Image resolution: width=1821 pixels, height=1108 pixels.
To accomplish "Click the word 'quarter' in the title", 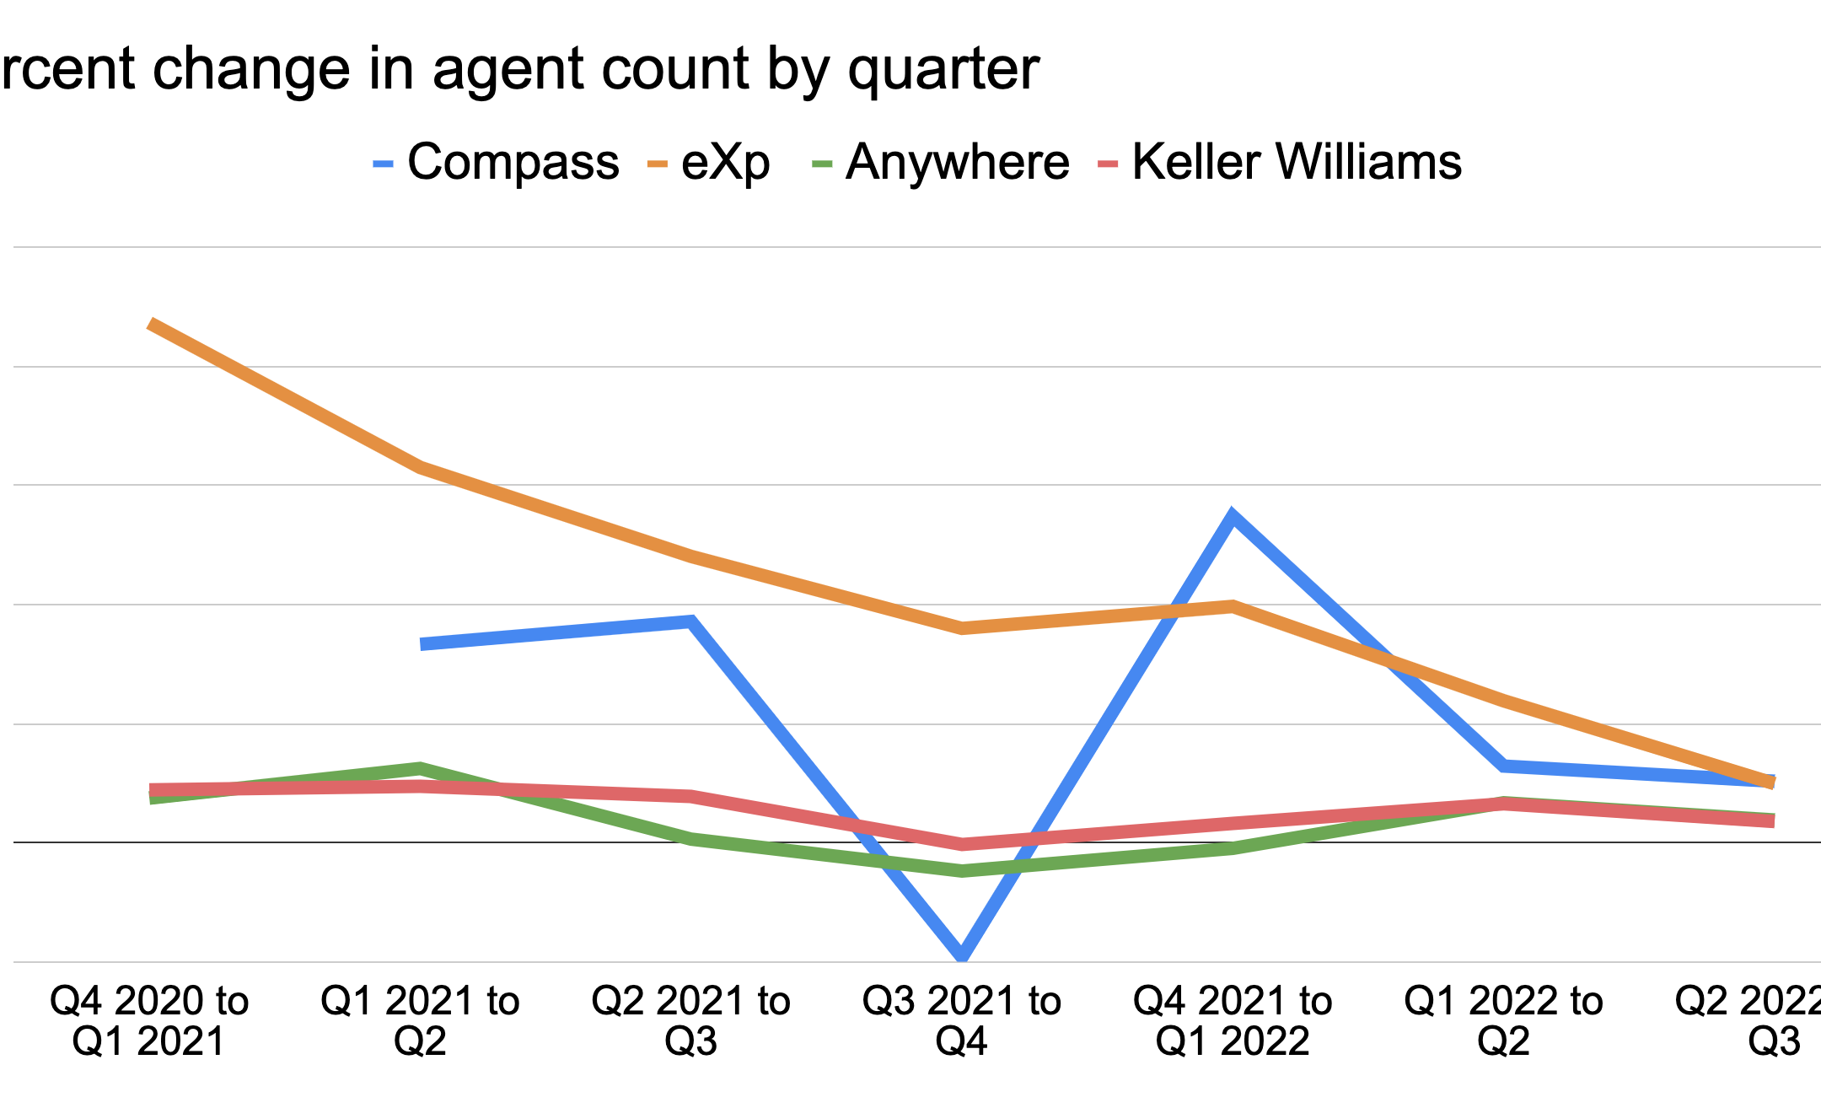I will pos(943,69).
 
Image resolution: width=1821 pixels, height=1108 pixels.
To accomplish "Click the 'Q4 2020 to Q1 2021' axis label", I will pos(149,1020).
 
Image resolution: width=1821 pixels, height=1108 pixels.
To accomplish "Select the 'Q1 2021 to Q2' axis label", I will pos(420,1020).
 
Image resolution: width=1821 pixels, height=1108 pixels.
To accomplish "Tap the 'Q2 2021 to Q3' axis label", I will pos(690,1020).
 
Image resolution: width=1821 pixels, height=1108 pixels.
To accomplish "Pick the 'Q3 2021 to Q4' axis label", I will pos(961,1020).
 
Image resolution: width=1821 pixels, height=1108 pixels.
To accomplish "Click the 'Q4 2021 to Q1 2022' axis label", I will pos(1233,1020).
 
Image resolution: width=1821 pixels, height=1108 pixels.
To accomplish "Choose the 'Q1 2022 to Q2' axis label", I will pos(1503,1020).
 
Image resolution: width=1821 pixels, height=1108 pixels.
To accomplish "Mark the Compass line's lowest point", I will pos(962,955).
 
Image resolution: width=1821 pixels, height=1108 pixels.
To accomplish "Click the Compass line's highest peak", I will pos(1233,515).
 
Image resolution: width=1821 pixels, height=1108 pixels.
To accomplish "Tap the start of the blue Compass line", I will pos(422,644).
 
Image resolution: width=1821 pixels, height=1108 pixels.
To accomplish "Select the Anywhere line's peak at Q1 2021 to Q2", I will pos(420,768).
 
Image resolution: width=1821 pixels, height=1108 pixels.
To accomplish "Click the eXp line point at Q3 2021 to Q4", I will pos(962,628).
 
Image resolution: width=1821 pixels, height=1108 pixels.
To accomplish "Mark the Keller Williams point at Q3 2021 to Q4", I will pos(962,844).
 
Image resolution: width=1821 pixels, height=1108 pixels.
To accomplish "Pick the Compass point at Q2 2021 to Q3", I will pos(691,622).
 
